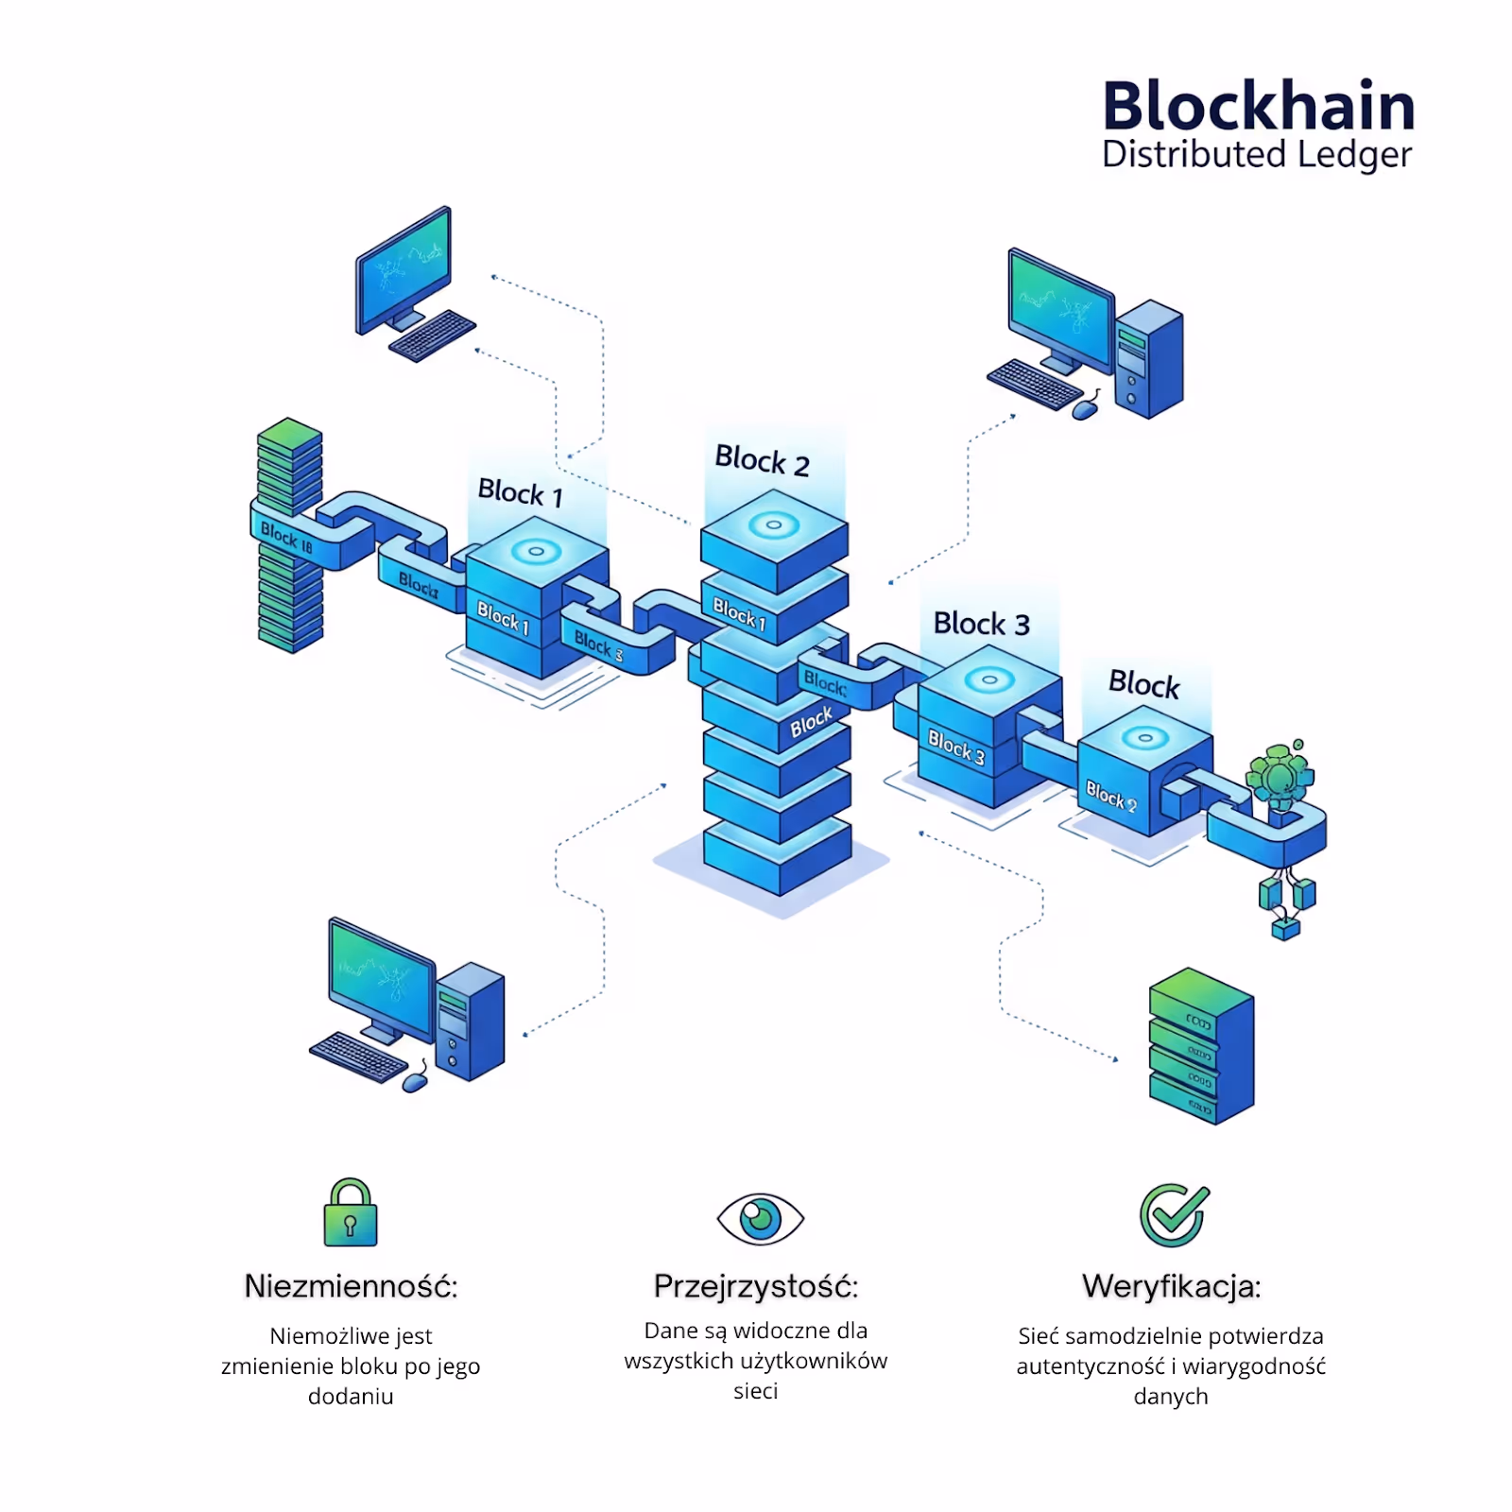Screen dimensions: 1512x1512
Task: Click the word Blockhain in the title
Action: [x=1258, y=106]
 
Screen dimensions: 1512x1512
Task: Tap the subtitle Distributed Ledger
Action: [x=1256, y=155]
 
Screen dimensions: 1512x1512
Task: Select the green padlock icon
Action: [x=351, y=1213]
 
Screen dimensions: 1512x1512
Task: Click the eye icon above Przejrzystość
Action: [x=760, y=1218]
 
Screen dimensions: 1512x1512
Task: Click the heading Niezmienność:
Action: [x=351, y=1286]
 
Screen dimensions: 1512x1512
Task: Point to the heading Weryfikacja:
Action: [x=1171, y=1286]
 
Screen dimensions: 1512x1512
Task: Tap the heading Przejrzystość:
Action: [x=756, y=1286]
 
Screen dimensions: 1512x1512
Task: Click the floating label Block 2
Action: [x=762, y=460]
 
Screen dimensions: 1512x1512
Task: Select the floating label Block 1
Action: [x=520, y=492]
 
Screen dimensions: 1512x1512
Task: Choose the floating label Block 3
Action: [x=981, y=624]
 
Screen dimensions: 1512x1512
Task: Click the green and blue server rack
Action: [x=1201, y=1046]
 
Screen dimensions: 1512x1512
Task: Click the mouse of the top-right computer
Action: [x=1085, y=410]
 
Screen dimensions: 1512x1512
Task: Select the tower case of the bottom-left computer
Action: [x=470, y=1021]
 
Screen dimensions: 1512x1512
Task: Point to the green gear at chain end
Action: [x=1280, y=777]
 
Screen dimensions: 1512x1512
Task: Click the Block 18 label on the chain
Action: [x=285, y=537]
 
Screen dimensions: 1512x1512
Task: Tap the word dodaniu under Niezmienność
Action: [x=351, y=1396]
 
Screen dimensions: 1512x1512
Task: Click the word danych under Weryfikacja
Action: [x=1170, y=1396]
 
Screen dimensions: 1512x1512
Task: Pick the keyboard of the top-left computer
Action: [x=432, y=335]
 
